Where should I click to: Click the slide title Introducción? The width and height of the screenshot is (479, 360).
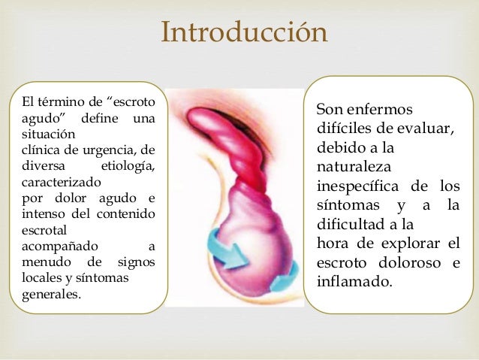tap(245, 32)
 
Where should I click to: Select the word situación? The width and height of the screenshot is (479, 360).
tap(44, 136)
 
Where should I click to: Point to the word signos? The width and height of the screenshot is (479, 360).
tap(137, 262)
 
